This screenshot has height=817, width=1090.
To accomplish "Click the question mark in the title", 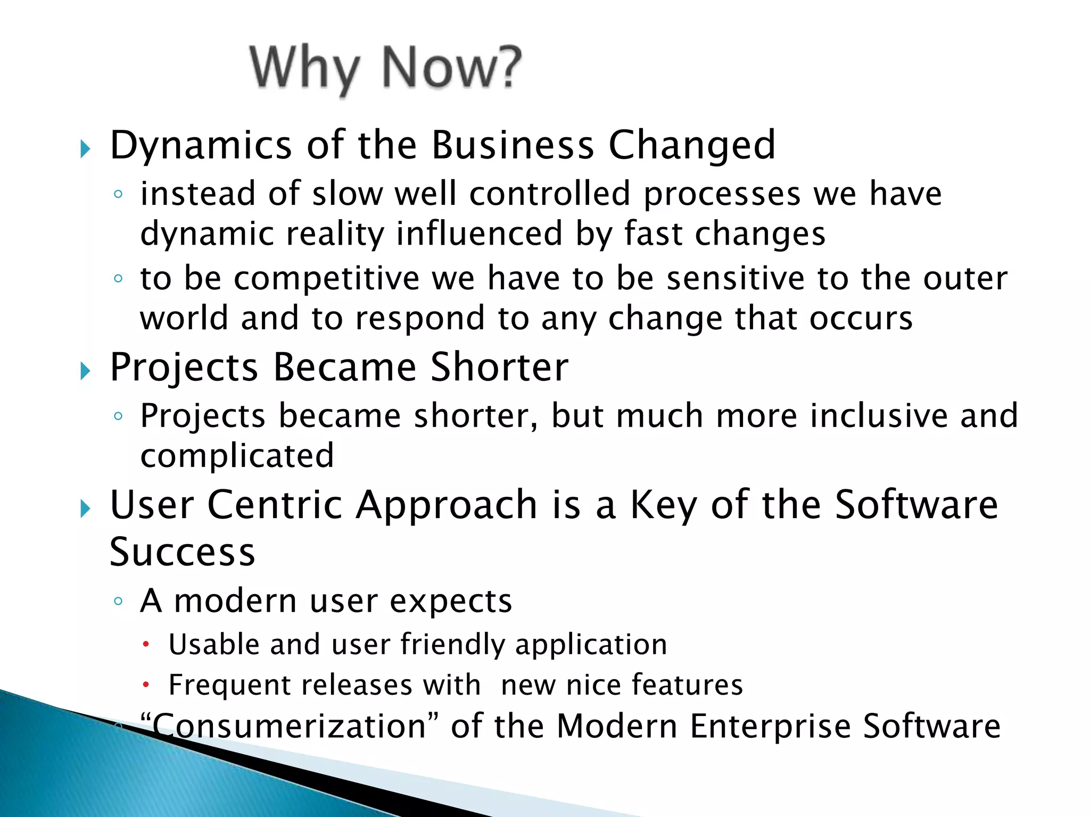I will (504, 66).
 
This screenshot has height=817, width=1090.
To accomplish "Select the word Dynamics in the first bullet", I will (201, 146).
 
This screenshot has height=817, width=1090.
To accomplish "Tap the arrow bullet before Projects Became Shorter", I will (85, 371).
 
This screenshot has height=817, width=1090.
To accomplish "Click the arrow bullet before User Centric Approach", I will (85, 508).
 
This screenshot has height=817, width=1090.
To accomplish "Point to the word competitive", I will (326, 279).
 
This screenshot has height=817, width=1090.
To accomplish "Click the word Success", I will (182, 552).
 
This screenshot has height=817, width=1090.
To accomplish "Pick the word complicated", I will (237, 456).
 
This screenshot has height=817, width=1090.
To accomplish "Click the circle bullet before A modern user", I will (118, 602).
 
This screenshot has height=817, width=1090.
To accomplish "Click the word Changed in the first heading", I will (691, 146).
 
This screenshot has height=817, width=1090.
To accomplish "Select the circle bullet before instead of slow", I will (118, 194).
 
